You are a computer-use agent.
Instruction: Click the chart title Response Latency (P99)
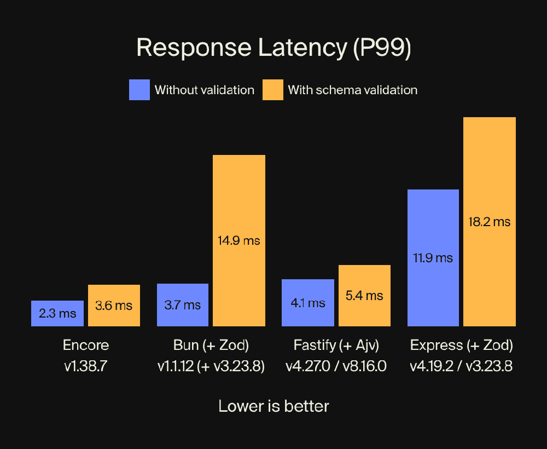pyautogui.click(x=273, y=48)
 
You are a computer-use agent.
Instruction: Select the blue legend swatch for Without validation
pyautogui.click(x=139, y=90)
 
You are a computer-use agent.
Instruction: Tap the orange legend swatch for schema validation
pyautogui.click(x=272, y=90)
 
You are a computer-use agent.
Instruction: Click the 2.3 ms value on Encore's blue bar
pyautogui.click(x=57, y=314)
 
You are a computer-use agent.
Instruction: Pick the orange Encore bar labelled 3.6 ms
pyautogui.click(x=114, y=306)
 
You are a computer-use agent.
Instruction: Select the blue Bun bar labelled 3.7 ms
pyautogui.click(x=183, y=305)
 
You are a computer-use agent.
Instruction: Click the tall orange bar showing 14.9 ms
pyautogui.click(x=239, y=240)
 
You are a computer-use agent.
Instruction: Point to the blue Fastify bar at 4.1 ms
pyautogui.click(x=307, y=303)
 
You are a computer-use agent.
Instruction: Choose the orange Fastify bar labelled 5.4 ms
pyautogui.click(x=364, y=296)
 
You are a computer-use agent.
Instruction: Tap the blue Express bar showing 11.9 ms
pyautogui.click(x=433, y=258)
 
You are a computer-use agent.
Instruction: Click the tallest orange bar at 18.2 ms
pyautogui.click(x=490, y=222)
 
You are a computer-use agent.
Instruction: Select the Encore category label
pyautogui.click(x=86, y=346)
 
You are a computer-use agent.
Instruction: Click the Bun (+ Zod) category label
pyautogui.click(x=211, y=346)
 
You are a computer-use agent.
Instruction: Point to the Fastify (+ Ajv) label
pyautogui.click(x=336, y=346)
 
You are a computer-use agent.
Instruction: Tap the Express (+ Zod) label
pyautogui.click(x=461, y=346)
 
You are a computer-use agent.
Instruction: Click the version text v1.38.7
pyautogui.click(x=86, y=366)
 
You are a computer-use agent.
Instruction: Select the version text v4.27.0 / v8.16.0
pyautogui.click(x=336, y=366)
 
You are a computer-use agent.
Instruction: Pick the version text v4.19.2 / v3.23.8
pyautogui.click(x=461, y=366)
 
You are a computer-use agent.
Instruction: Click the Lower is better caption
pyautogui.click(x=273, y=406)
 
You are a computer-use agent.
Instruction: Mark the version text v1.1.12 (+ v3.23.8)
pyautogui.click(x=211, y=366)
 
